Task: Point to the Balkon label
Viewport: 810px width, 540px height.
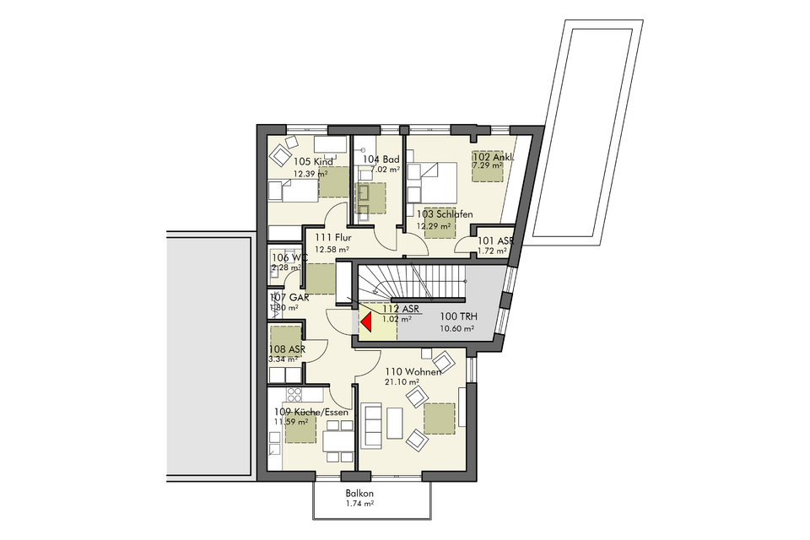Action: point(359,494)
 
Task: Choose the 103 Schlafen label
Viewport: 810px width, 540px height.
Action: point(445,214)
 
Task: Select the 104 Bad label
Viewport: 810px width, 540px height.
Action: point(381,159)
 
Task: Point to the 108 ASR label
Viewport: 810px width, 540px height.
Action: point(287,348)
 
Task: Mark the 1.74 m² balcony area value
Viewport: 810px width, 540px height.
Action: point(359,504)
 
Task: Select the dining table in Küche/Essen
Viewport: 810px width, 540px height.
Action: point(339,441)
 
